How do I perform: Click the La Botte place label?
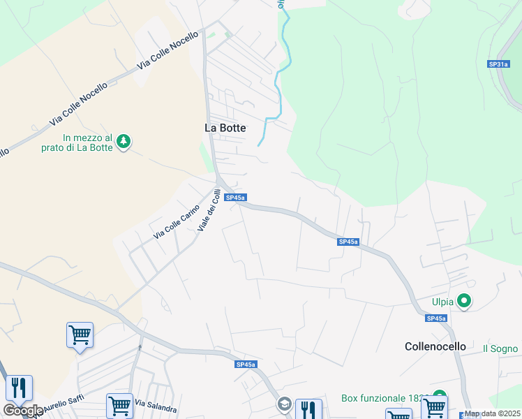point(225,128)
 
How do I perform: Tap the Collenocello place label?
point(435,346)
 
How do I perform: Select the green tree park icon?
point(124,142)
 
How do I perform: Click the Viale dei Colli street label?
point(209,211)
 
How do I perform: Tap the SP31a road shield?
point(498,64)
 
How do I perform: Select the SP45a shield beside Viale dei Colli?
point(235,198)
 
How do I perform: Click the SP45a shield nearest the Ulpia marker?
point(436,318)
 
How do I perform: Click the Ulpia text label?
point(442,302)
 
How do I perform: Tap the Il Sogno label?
point(500,348)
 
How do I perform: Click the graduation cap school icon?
point(284,404)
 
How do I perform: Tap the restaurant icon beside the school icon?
point(308,409)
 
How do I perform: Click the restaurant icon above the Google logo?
point(19,388)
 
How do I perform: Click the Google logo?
point(23,411)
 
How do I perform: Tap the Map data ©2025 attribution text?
point(493,413)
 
